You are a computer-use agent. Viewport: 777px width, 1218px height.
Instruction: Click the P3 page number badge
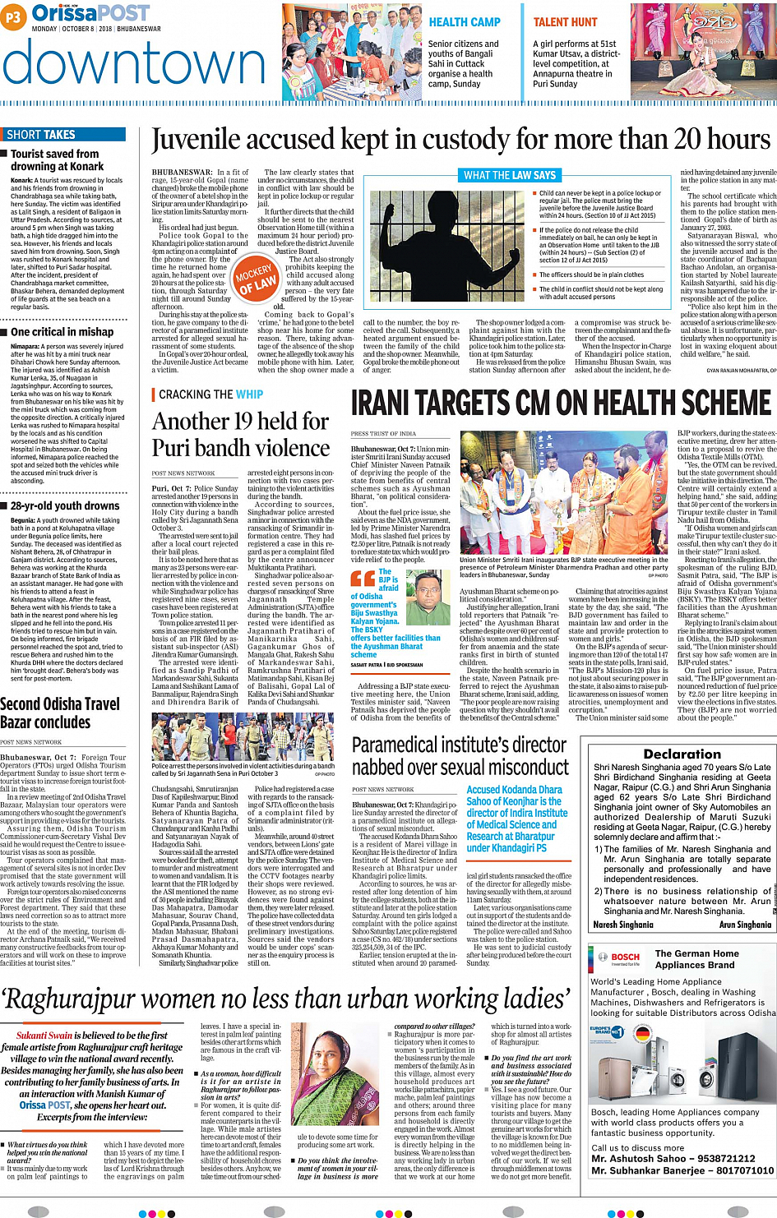tap(14, 16)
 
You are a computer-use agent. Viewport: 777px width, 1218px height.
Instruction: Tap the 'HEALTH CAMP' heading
tap(465, 22)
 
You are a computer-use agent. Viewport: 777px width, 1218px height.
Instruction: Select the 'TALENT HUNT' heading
tap(565, 22)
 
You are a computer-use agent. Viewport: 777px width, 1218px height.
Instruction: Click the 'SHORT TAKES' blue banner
tap(41, 135)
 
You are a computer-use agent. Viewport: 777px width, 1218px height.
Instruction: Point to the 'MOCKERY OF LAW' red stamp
tap(255, 277)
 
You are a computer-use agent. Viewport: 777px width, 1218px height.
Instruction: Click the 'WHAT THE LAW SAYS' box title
tap(509, 175)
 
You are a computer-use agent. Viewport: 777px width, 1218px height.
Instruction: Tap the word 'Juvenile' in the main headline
tap(201, 141)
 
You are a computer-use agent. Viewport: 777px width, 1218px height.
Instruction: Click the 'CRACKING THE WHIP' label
tap(210, 394)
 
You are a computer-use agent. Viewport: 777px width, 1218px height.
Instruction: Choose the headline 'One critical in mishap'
tap(62, 332)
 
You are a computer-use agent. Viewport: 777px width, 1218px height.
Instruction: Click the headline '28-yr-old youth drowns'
tap(65, 505)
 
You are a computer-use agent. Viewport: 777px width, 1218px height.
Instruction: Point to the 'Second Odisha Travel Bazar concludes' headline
tap(60, 713)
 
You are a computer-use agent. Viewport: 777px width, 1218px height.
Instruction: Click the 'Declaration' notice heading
tap(682, 754)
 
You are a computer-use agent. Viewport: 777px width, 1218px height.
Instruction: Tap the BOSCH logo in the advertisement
tap(625, 957)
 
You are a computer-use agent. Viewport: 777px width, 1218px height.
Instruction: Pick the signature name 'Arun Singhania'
tap(745, 925)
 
